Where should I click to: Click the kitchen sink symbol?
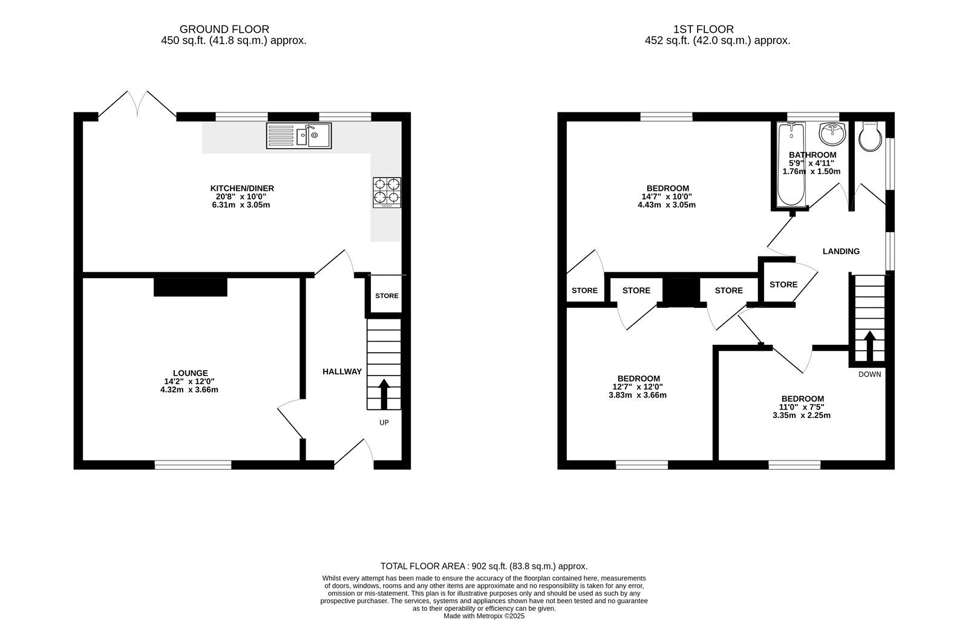(298, 135)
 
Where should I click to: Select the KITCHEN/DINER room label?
(242, 188)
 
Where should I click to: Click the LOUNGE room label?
(190, 373)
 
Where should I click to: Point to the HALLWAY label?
(342, 371)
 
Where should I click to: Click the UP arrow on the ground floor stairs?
(384, 394)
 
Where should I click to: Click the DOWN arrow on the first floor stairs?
(869, 345)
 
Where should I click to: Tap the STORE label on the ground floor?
(387, 296)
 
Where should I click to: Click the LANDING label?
(841, 251)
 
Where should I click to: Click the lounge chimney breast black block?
(190, 287)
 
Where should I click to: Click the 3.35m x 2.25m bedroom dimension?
(802, 415)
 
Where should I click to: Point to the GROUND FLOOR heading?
(224, 29)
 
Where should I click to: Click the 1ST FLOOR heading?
(703, 29)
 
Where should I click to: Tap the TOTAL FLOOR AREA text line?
(483, 566)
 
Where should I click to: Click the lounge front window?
(193, 465)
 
